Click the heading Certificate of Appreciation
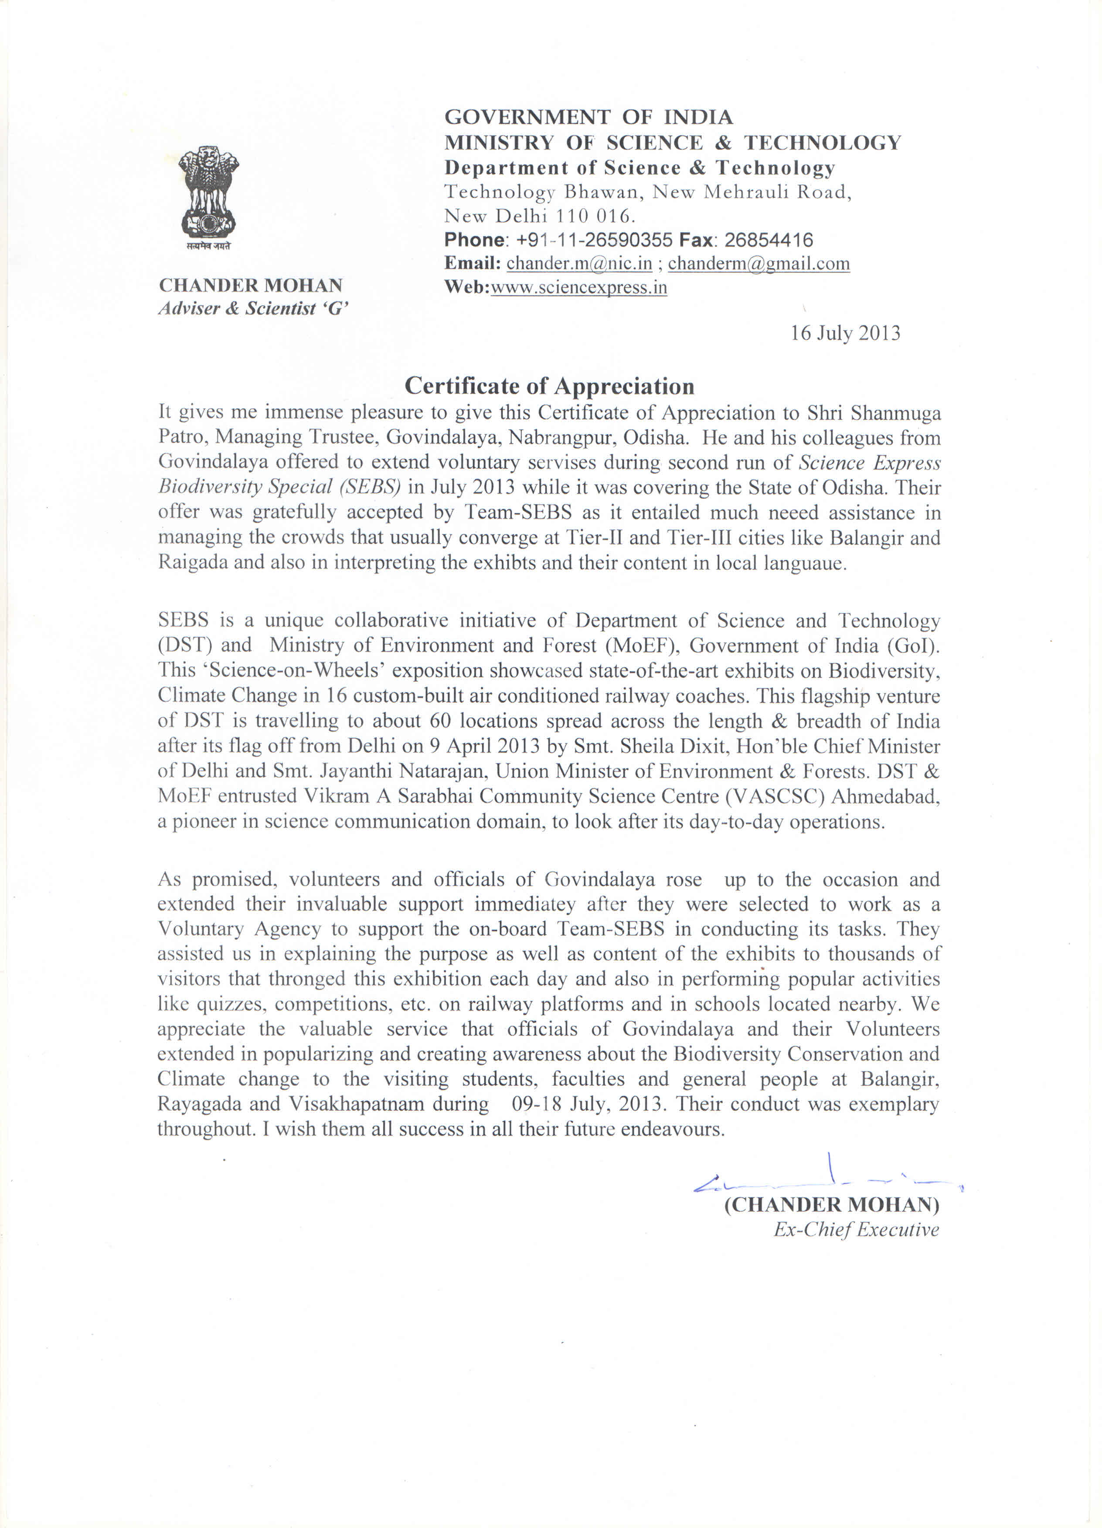(549, 386)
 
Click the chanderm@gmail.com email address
(758, 263)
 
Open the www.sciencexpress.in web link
(579, 288)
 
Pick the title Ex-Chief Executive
(855, 1230)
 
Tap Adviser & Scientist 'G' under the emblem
(253, 309)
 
